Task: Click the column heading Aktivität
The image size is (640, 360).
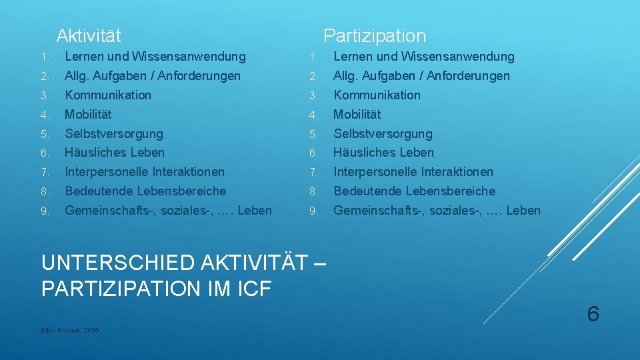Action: point(89,35)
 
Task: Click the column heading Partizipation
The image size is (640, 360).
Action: point(374,35)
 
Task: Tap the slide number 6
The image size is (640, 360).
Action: point(593,313)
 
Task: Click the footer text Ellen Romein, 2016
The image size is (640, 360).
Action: point(70,331)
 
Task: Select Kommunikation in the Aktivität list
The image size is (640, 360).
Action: point(108,95)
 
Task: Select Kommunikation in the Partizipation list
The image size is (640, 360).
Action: point(377,95)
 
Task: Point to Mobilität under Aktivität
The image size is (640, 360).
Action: point(88,114)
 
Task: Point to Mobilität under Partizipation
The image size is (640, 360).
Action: point(357,114)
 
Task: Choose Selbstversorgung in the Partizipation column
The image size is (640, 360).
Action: point(383,133)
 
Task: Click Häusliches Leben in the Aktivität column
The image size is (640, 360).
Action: point(114,152)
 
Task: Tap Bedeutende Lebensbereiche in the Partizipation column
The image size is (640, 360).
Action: point(414,191)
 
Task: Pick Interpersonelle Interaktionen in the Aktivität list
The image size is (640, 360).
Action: point(144,171)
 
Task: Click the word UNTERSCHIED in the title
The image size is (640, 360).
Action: point(106,263)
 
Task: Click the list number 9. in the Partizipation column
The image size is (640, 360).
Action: point(312,211)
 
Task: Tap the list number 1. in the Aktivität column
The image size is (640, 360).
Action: point(43,57)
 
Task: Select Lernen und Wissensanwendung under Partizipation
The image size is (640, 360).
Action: point(424,57)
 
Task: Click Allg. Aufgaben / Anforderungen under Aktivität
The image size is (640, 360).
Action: point(152,76)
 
